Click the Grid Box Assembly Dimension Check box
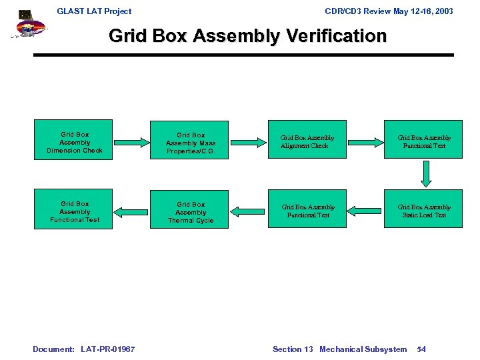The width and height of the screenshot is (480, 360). click(75, 142)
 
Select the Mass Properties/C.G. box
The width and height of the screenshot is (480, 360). click(191, 143)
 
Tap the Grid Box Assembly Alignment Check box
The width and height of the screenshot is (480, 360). click(307, 141)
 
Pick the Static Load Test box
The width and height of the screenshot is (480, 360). click(424, 211)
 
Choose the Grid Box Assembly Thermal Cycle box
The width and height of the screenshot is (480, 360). click(191, 212)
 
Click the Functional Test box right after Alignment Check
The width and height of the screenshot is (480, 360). click(424, 141)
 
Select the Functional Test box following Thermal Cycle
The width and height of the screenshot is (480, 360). click(75, 211)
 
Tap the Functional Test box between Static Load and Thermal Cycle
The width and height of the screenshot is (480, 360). click(307, 211)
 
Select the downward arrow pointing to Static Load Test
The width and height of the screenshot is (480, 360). click(424, 173)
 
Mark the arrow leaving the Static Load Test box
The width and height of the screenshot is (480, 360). click(365, 211)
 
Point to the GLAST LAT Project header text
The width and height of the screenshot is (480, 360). click(94, 11)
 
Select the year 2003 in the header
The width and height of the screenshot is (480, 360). click(442, 11)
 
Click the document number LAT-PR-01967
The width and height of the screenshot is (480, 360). click(107, 349)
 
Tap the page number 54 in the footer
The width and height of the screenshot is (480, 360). click(421, 349)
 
